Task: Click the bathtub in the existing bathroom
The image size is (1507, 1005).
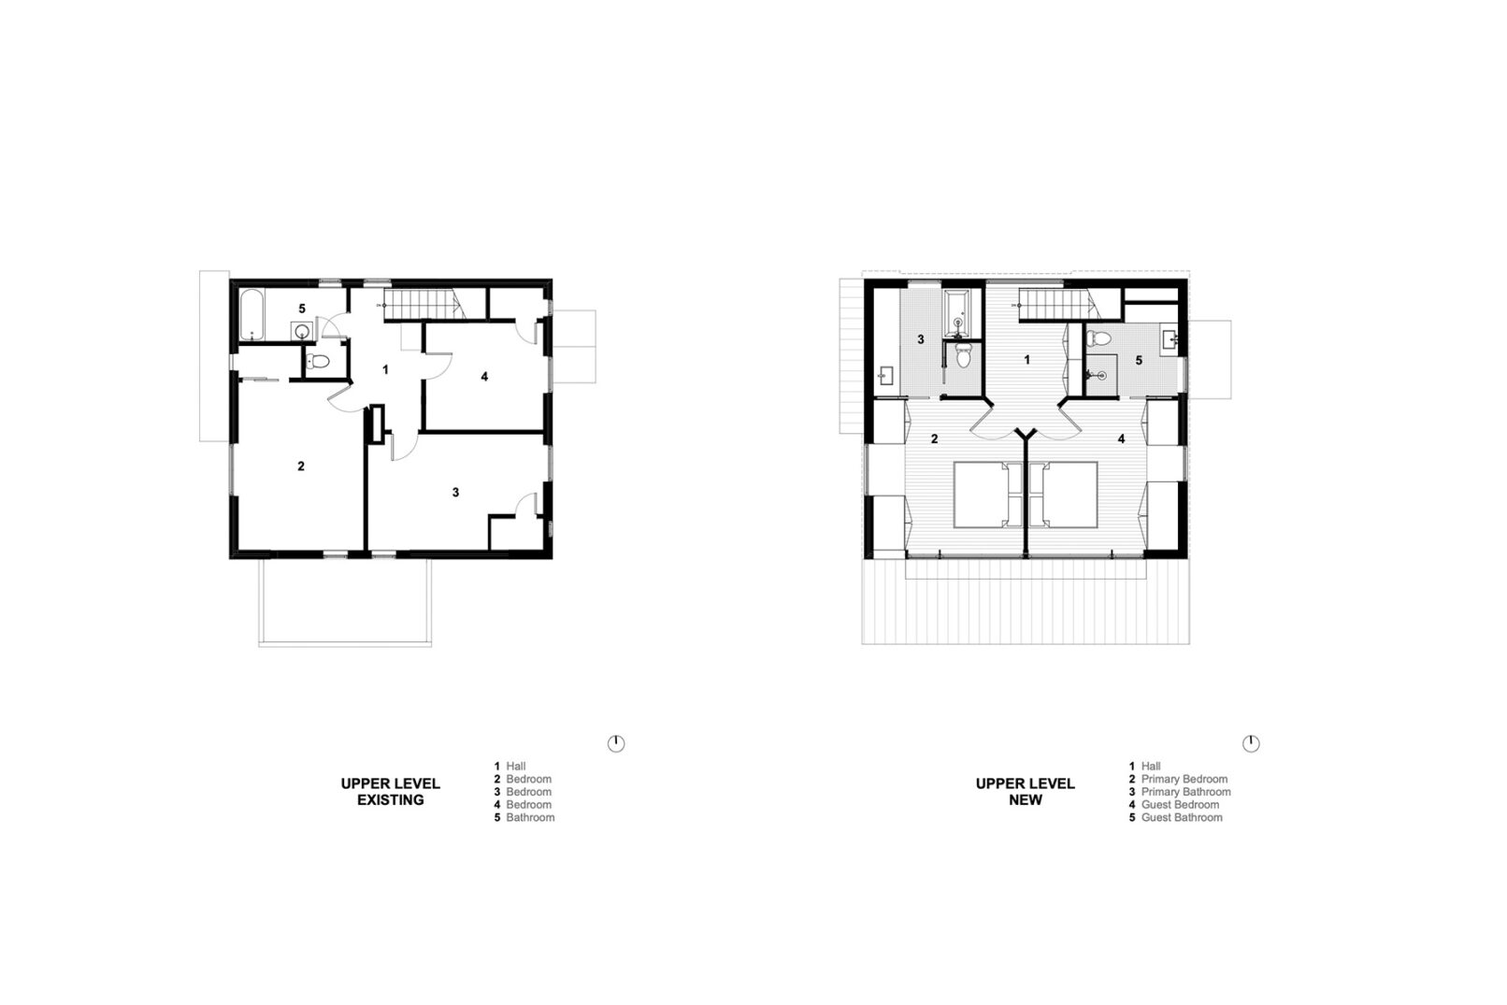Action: pyautogui.click(x=251, y=315)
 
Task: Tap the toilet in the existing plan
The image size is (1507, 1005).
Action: pyautogui.click(x=318, y=361)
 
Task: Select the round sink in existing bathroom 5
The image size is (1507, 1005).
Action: pyautogui.click(x=302, y=331)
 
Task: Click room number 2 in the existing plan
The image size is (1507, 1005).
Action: pyautogui.click(x=301, y=467)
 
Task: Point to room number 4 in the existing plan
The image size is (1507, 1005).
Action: pyautogui.click(x=484, y=377)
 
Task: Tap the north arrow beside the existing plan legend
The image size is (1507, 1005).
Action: pyautogui.click(x=616, y=743)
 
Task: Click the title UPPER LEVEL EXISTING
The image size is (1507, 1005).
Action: pyautogui.click(x=390, y=792)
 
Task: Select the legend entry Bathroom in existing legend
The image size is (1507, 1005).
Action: pyautogui.click(x=530, y=817)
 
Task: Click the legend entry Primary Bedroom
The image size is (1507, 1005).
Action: pyautogui.click(x=1184, y=779)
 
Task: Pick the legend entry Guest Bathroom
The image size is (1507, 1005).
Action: pyautogui.click(x=1182, y=817)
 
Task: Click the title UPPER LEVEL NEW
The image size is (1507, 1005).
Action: pyautogui.click(x=1026, y=792)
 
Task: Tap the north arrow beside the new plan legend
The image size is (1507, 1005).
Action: pyautogui.click(x=1251, y=743)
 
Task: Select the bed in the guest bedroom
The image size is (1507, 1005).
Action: pyautogui.click(x=1064, y=495)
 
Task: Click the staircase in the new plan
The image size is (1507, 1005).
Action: pyautogui.click(x=1059, y=304)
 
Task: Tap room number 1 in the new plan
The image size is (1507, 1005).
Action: pyautogui.click(x=1026, y=360)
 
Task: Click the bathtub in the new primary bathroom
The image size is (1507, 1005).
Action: pyautogui.click(x=956, y=313)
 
